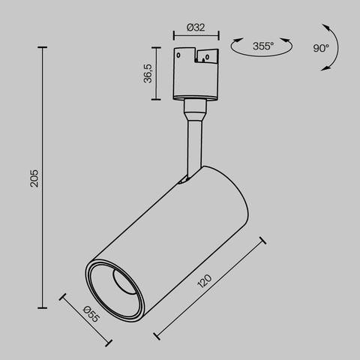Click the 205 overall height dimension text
[x=34, y=178]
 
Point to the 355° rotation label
[x=262, y=46]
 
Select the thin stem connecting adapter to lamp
[x=193, y=139]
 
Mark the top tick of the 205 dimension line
[x=43, y=47]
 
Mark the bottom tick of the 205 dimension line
[x=43, y=307]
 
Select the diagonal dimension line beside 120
[x=210, y=288]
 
